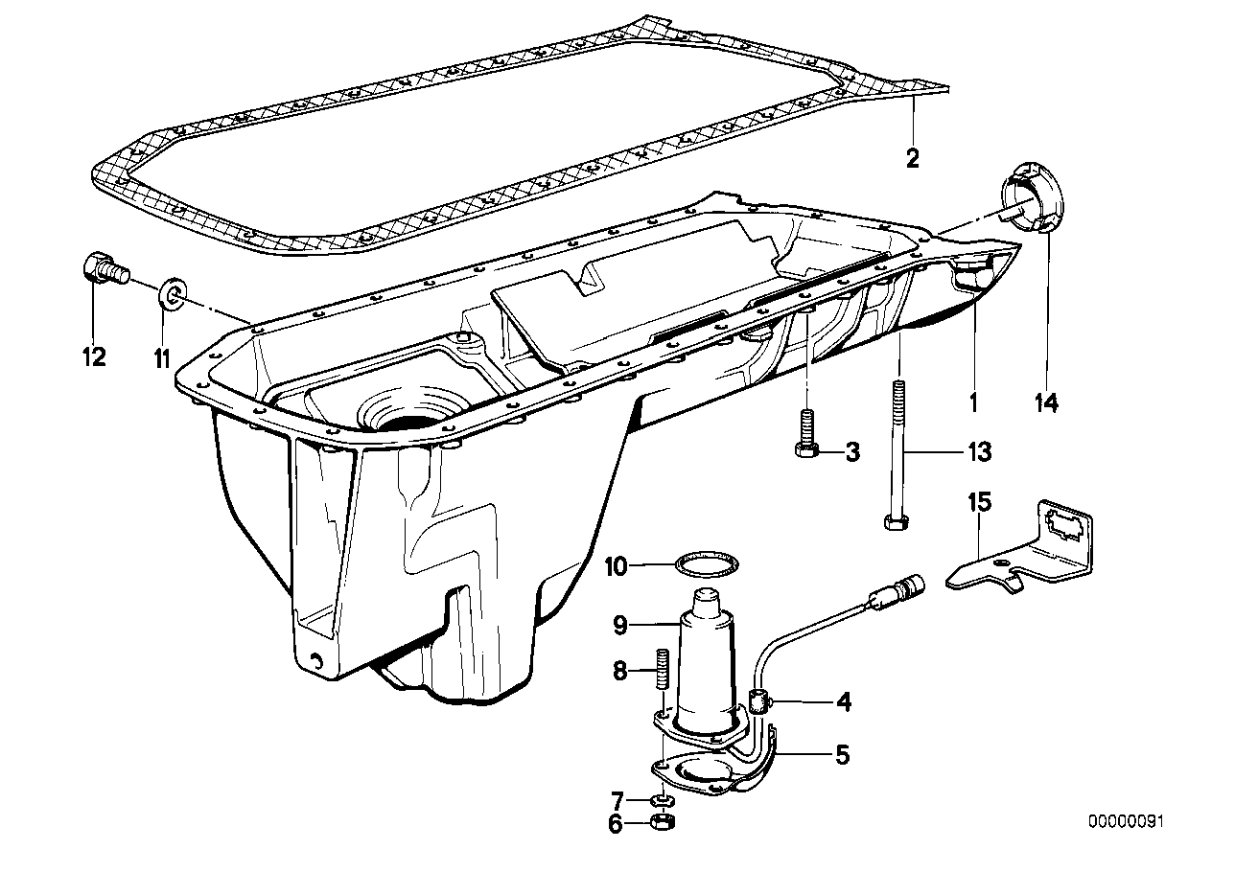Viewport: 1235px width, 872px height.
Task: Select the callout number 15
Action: tap(980, 501)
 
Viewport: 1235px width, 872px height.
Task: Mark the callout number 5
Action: tap(842, 754)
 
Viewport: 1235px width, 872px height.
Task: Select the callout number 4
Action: tap(843, 701)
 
